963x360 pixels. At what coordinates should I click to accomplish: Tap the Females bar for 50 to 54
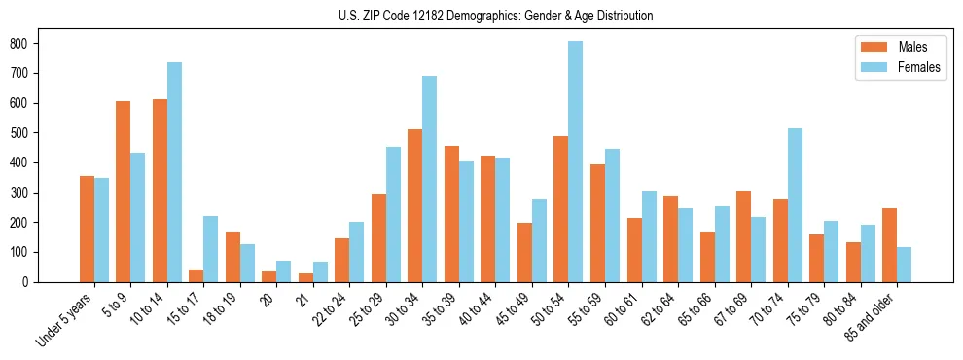tap(576, 162)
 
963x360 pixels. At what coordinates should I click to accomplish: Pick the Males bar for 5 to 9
tap(124, 192)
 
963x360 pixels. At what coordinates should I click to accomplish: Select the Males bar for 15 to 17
tap(196, 275)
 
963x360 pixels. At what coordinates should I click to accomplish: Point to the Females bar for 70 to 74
tap(795, 205)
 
